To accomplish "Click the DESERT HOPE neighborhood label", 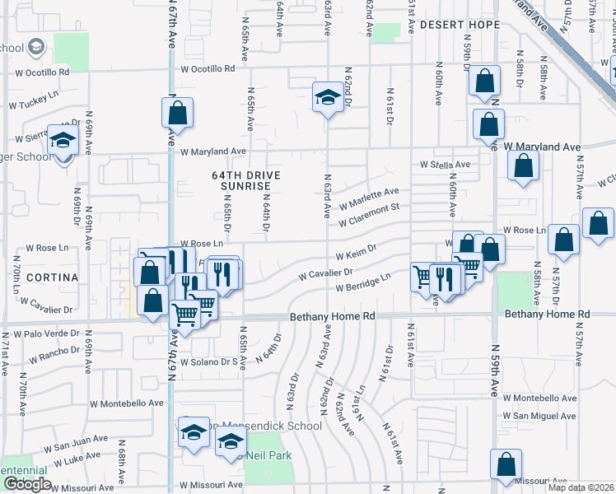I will [460, 25].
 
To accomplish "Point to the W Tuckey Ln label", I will [34, 105].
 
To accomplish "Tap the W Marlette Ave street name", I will [368, 198].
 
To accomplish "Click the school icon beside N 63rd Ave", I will [328, 99].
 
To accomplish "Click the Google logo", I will [27, 484].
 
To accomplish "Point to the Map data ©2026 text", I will [580, 487].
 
